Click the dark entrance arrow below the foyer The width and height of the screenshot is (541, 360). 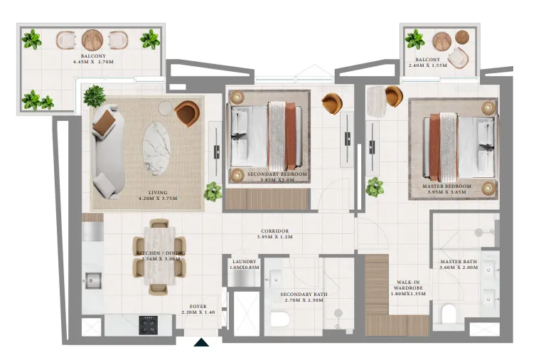pyautogui.click(x=202, y=343)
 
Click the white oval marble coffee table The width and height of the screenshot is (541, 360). pyautogui.click(x=156, y=149)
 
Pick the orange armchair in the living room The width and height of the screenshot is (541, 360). pyautogui.click(x=187, y=113)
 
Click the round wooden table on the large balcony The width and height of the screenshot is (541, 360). pyautogui.click(x=93, y=40)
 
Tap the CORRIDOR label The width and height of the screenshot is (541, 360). pyautogui.click(x=274, y=231)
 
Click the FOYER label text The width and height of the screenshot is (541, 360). pyautogui.click(x=198, y=307)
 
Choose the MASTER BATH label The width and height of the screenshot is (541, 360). pyautogui.click(x=459, y=262)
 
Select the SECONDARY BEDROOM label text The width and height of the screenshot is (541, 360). pyautogui.click(x=277, y=174)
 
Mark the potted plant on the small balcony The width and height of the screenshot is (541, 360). pyautogui.click(x=414, y=39)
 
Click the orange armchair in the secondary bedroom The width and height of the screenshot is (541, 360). pyautogui.click(x=331, y=103)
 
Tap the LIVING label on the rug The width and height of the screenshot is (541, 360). pyautogui.click(x=158, y=192)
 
